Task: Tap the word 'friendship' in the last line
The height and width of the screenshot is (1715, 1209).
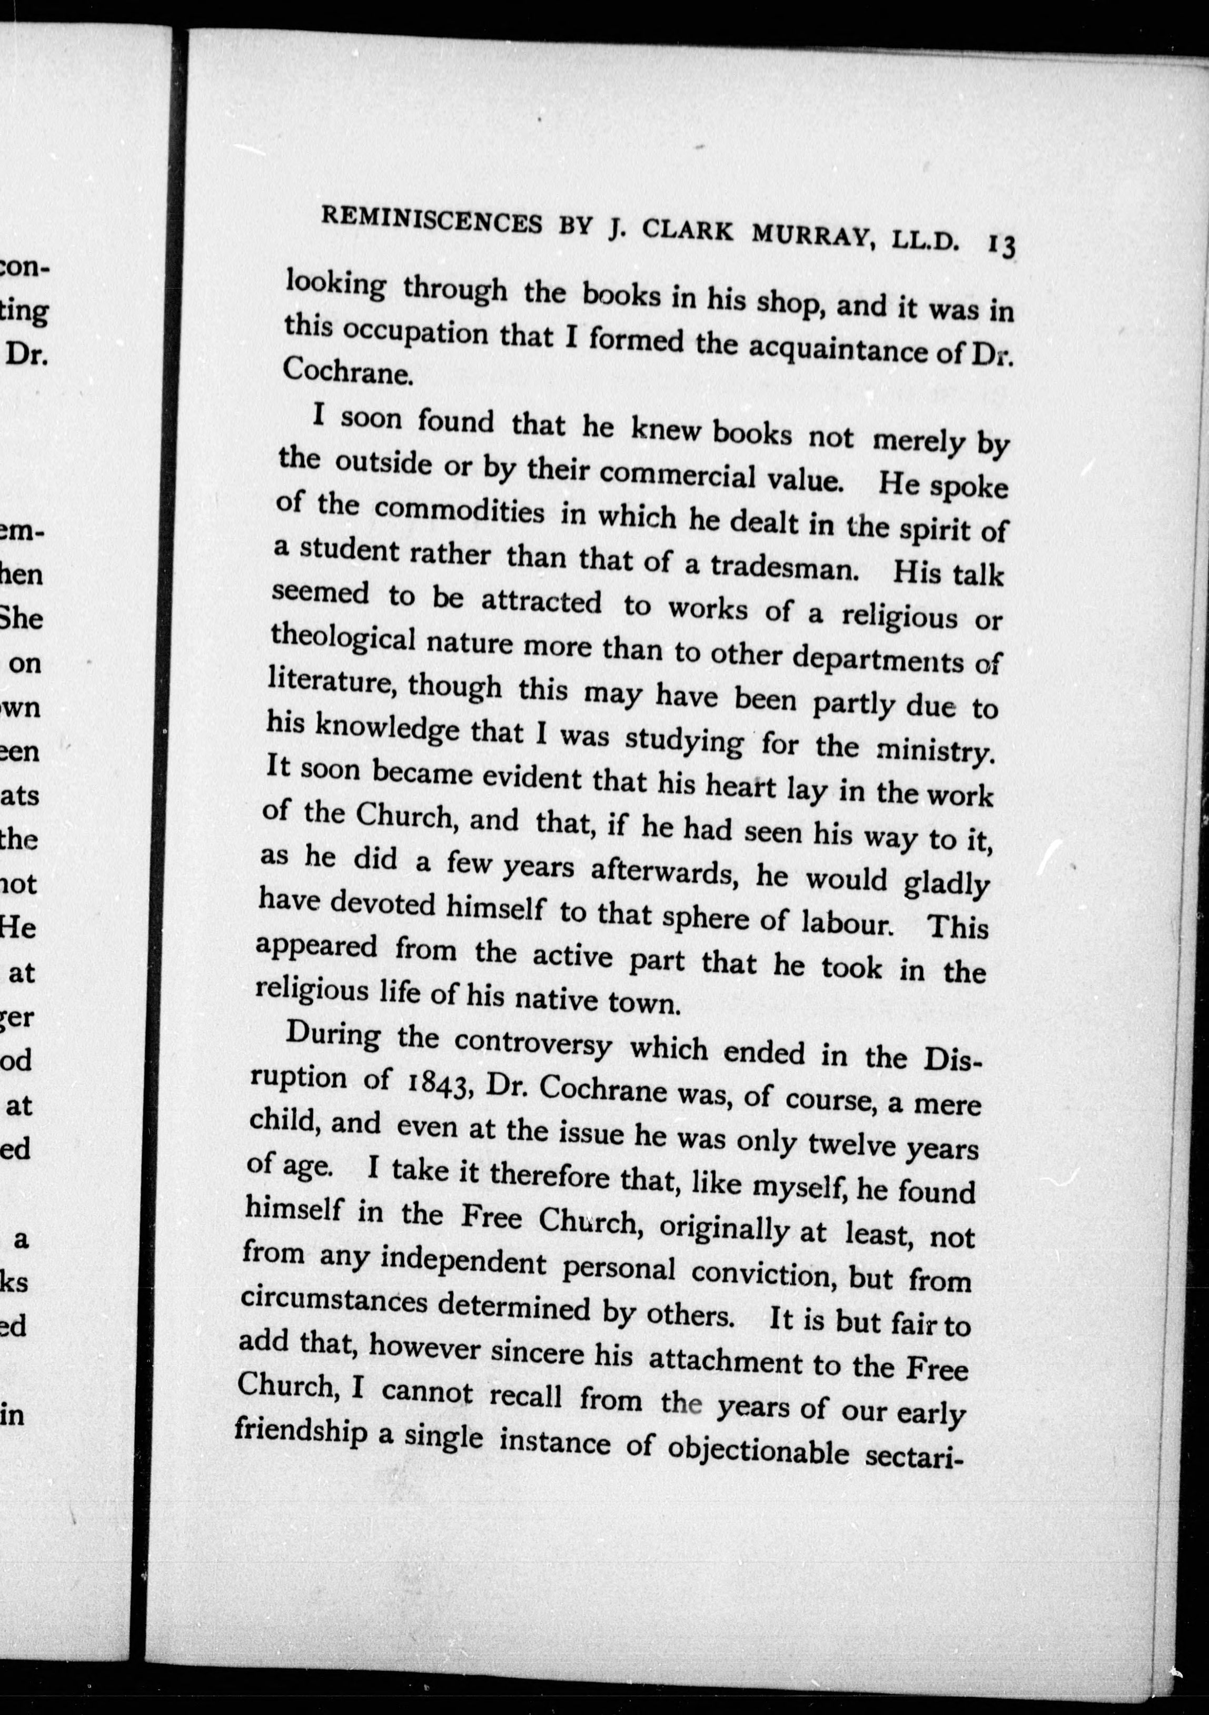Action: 300,1431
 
